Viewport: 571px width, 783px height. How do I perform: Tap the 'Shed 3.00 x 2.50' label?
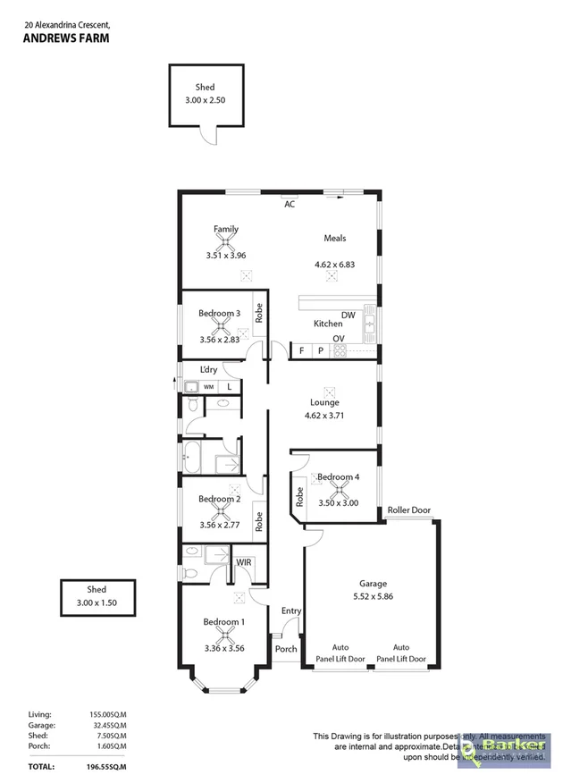206,94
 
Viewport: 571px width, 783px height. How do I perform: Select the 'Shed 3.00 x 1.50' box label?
96,596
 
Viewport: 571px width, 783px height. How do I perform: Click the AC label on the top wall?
290,204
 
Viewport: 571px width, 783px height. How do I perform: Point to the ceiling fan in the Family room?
226,241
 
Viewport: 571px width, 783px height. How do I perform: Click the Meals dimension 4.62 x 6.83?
335,265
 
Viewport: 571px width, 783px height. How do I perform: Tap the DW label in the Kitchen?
348,316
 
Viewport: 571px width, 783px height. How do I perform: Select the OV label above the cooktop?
339,338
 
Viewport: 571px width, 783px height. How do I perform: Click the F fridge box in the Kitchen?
302,350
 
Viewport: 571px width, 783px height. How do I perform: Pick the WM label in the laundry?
208,386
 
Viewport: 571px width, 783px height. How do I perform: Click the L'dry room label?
208,370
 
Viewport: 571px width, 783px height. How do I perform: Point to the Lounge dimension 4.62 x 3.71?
323,416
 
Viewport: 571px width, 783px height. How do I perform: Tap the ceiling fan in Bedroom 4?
338,491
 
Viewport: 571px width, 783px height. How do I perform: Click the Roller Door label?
408,510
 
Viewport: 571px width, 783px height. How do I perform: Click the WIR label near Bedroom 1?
243,562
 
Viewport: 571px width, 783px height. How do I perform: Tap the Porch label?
285,649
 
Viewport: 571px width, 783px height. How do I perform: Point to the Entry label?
291,610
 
